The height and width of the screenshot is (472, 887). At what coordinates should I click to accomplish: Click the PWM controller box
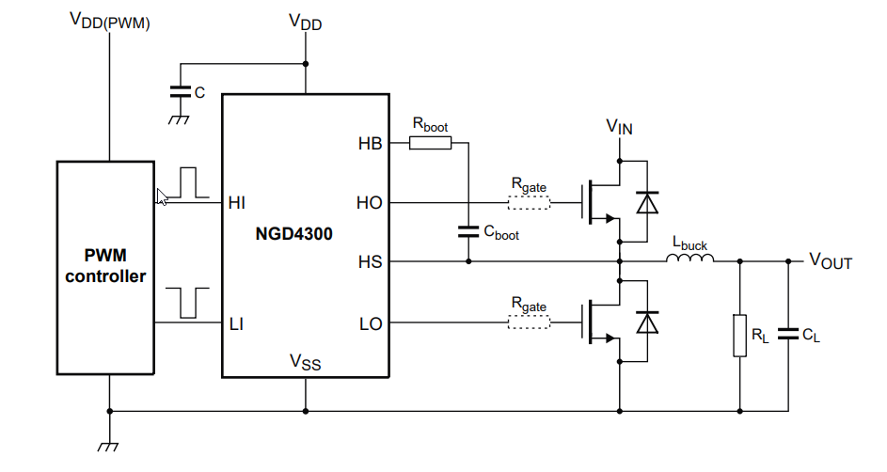[x=105, y=267]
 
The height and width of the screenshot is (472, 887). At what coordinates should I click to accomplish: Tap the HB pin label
[x=370, y=144]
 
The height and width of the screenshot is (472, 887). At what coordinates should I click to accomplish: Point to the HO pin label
[x=370, y=202]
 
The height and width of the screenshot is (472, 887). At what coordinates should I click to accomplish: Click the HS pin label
[x=370, y=261]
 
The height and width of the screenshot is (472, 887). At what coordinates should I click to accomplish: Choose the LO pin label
[x=370, y=324]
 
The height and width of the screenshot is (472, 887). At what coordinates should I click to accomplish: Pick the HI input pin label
[x=237, y=202]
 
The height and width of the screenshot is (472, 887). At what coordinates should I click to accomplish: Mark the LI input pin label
[x=237, y=324]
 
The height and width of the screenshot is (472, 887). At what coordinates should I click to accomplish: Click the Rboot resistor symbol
[x=430, y=143]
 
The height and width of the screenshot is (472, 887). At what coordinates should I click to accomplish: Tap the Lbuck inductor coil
[x=690, y=260]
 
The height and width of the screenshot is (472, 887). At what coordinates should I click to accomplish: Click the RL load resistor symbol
[x=740, y=336]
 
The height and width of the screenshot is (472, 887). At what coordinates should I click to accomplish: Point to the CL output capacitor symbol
[x=787, y=334]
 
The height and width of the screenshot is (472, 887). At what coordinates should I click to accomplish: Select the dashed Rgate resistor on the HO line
[x=529, y=202]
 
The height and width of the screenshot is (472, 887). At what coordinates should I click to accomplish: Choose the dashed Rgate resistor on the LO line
[x=529, y=324]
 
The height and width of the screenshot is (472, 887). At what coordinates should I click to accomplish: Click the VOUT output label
[x=831, y=262]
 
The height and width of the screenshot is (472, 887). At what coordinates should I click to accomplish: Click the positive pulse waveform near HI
[x=191, y=182]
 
